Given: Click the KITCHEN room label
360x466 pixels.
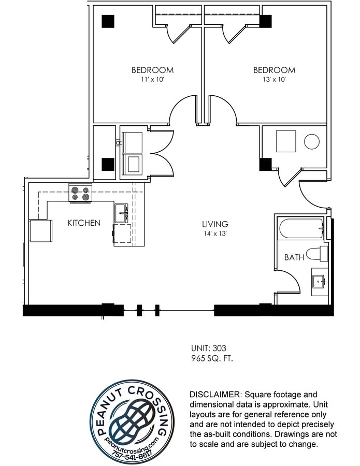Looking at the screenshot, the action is (x=84, y=223).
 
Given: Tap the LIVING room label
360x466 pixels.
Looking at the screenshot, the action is (x=215, y=224).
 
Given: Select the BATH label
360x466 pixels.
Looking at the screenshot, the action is (x=294, y=257).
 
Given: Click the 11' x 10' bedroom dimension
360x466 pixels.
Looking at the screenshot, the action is (x=152, y=80).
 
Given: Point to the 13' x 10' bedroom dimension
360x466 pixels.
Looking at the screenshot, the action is (x=274, y=80).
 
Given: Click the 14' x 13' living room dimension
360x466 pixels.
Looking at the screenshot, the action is (x=215, y=234).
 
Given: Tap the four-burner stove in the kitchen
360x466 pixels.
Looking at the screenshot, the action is (x=80, y=193).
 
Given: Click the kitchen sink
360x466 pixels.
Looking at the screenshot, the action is (x=121, y=213).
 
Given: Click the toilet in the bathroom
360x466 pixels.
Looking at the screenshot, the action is (x=317, y=254).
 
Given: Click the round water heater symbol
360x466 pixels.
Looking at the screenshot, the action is (x=312, y=141).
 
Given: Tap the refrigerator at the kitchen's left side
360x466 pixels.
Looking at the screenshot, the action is (x=41, y=230).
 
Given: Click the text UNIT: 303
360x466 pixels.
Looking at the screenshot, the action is (x=209, y=348).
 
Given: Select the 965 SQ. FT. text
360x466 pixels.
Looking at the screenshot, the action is (x=212, y=358).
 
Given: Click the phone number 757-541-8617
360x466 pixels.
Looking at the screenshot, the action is (x=132, y=454).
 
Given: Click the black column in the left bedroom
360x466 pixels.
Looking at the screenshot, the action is (x=108, y=21).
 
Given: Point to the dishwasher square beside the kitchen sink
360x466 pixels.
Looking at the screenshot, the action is (x=122, y=234).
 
